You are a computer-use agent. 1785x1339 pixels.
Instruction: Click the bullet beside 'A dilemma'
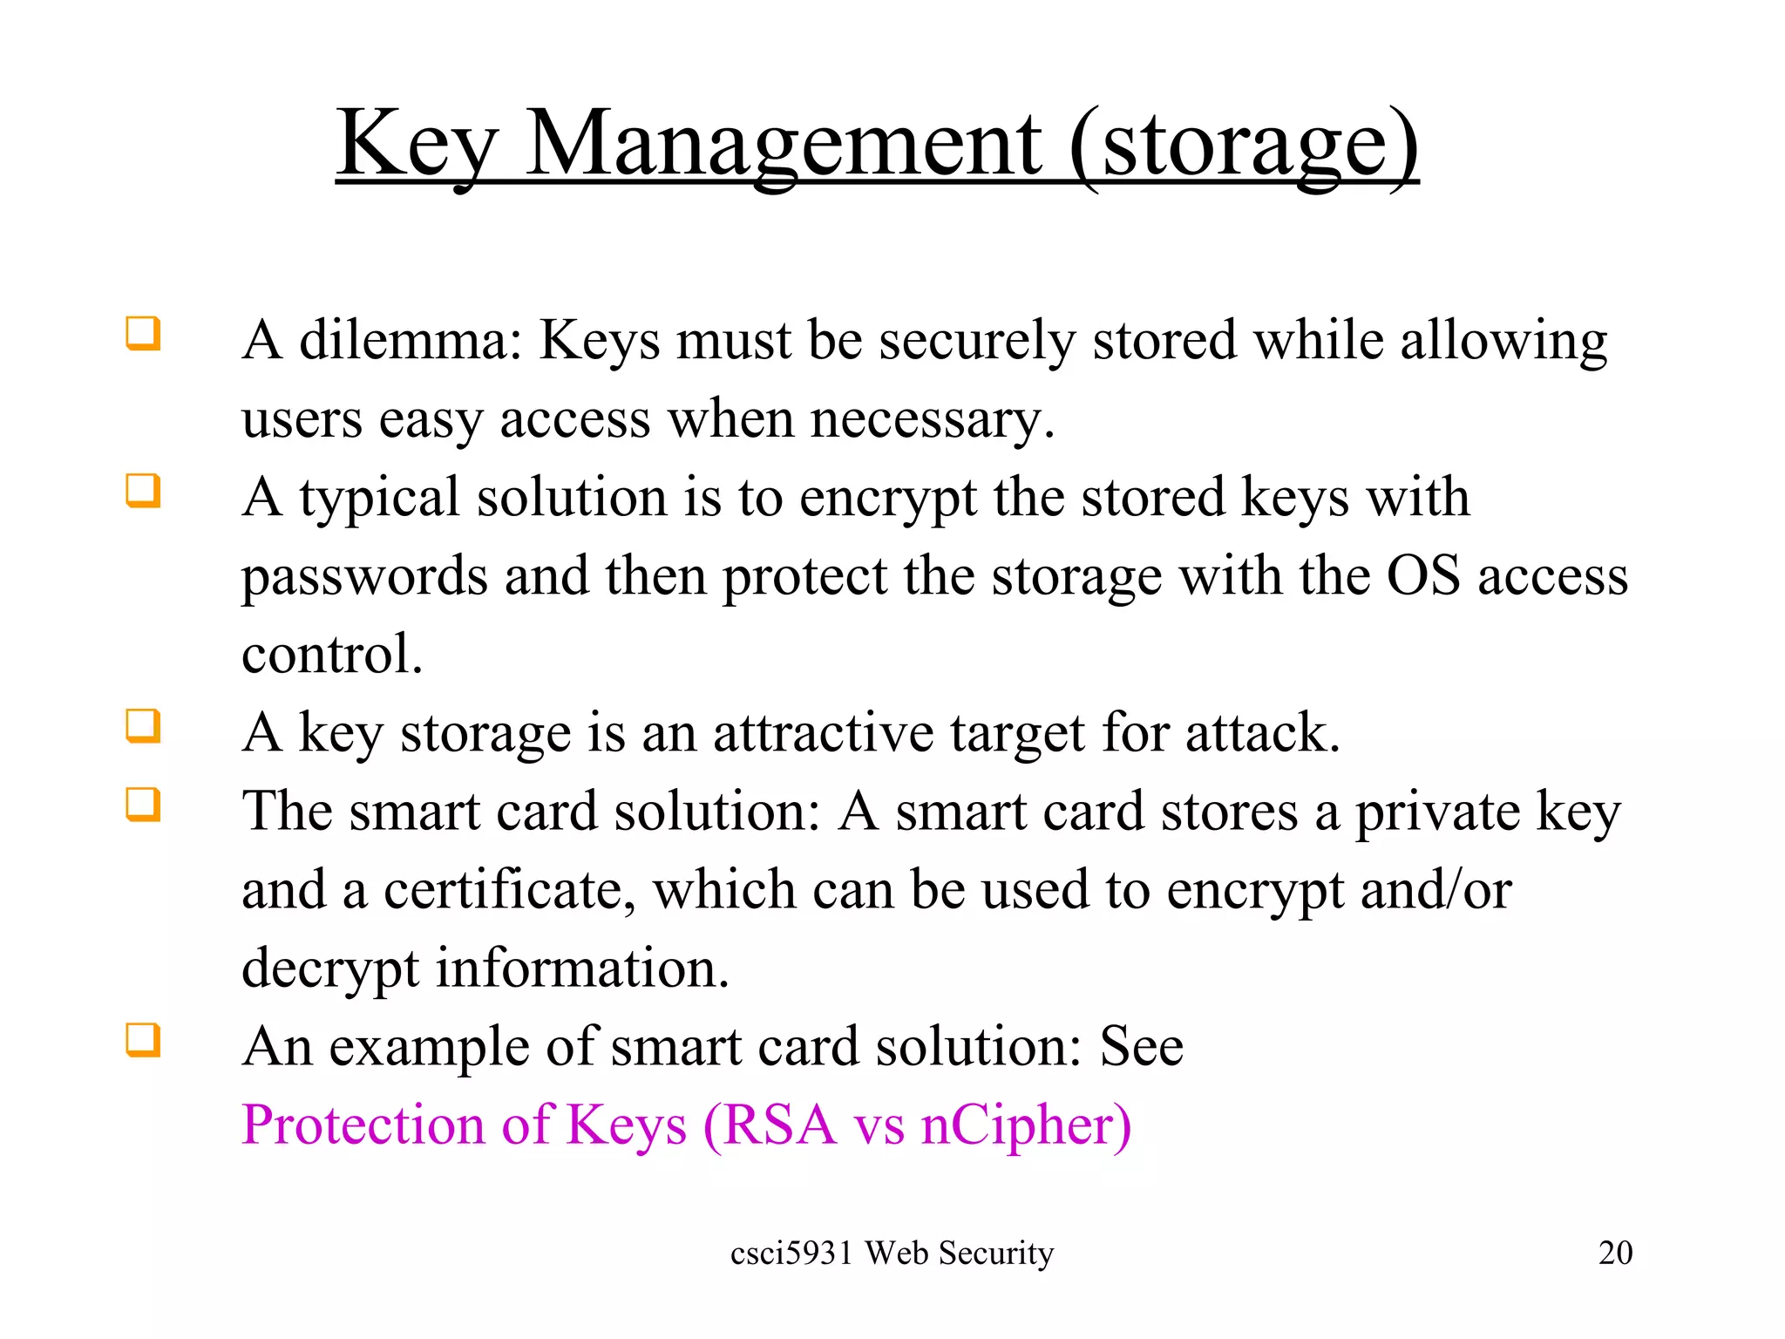coord(144,334)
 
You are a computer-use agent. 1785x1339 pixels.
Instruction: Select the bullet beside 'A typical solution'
coord(144,491)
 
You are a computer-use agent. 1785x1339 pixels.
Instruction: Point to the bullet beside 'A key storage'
coord(144,726)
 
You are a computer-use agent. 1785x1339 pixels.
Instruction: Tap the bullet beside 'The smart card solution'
coord(144,805)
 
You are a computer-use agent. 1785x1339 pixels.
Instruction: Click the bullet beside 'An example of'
coord(144,1040)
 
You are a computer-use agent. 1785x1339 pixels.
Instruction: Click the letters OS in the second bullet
coord(1422,575)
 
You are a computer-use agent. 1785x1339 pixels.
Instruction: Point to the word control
coord(331,654)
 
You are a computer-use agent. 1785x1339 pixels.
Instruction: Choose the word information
coord(581,969)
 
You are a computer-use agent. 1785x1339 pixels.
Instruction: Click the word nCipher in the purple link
coord(1025,1125)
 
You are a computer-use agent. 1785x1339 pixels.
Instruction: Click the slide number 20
coord(1615,1253)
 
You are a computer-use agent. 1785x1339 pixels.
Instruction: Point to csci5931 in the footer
coord(791,1253)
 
